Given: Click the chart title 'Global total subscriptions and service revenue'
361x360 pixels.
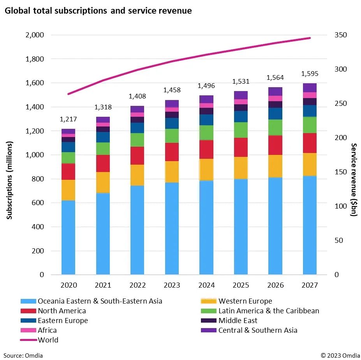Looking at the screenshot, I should click(x=98, y=11).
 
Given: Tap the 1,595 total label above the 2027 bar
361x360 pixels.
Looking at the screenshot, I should click(x=310, y=74).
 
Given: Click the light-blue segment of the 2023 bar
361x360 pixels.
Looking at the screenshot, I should click(x=172, y=228).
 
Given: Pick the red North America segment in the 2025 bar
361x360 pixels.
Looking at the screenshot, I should click(x=241, y=147).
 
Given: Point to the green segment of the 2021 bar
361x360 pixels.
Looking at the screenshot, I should click(x=103, y=149).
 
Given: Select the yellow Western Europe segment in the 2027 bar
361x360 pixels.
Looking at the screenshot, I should click(x=310, y=164).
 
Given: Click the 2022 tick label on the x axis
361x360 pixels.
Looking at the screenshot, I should click(x=137, y=285).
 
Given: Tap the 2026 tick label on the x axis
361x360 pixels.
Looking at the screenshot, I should click(x=275, y=285).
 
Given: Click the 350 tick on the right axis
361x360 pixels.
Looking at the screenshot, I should click(x=341, y=35).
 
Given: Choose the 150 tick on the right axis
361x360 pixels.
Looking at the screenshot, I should click(x=341, y=172).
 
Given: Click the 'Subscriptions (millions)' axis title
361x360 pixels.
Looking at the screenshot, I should click(x=10, y=180).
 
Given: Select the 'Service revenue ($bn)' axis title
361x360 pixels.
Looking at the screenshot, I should click(x=354, y=180).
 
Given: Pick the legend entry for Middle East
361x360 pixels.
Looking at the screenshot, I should click(x=238, y=321).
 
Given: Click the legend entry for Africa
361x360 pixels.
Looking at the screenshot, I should click(x=47, y=330).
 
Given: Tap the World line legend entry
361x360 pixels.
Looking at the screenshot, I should click(x=48, y=340).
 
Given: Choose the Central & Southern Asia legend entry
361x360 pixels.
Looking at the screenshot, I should click(x=257, y=330).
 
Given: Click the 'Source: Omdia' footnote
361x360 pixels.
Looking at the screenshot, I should click(x=23, y=355).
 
